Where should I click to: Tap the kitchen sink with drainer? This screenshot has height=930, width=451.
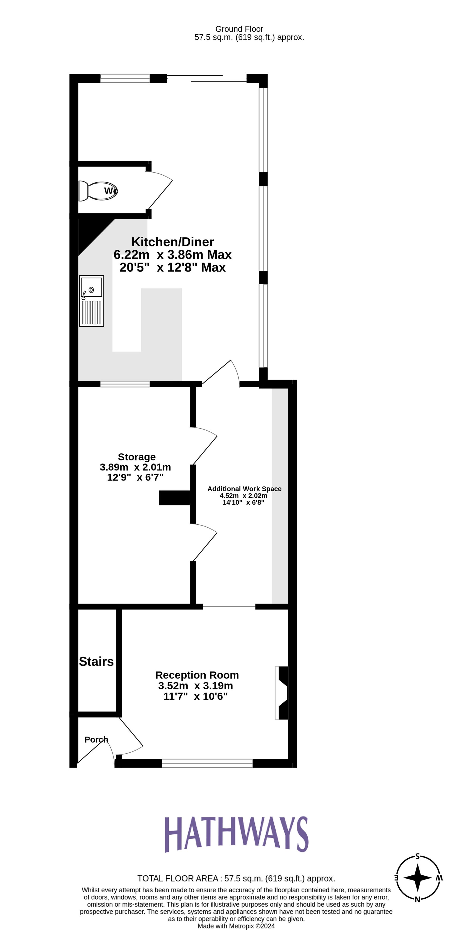point(92,301)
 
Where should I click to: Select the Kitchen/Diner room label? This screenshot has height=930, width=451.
point(173,242)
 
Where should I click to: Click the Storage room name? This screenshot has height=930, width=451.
point(137,457)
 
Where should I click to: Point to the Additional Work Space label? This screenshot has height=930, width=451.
point(244,489)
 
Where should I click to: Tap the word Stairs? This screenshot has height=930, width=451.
point(96,661)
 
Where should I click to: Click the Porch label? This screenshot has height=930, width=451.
point(96,739)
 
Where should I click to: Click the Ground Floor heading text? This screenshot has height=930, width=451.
point(239,29)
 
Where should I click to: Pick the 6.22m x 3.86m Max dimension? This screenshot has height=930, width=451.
point(173,254)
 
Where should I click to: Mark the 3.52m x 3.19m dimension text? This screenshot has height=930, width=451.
point(196,685)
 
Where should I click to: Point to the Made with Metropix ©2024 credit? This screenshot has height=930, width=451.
point(236,926)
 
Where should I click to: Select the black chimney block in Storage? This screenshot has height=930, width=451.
point(174,498)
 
